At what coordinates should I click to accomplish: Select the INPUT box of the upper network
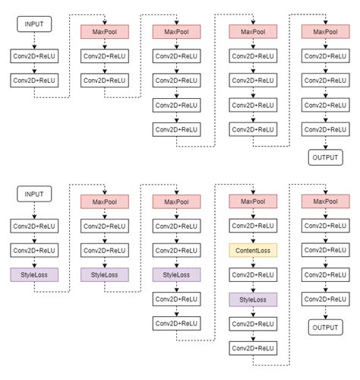tap(32, 25)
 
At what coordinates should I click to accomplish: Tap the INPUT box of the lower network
tap(32, 195)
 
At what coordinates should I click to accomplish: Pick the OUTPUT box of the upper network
tap(326, 157)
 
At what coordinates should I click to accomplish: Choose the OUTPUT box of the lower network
tap(326, 328)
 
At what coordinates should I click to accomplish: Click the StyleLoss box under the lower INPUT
tap(32, 274)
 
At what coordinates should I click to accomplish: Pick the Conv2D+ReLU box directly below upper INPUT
tap(32, 56)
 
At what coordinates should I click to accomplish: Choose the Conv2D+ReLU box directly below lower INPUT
tap(32, 226)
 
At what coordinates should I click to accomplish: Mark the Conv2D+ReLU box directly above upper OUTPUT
tap(326, 131)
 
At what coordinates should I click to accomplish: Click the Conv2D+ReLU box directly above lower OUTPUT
tap(326, 300)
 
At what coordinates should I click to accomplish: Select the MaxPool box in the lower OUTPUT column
tap(326, 201)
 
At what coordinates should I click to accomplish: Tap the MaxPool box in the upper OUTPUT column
tap(326, 32)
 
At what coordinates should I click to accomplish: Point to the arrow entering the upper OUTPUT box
tap(326, 144)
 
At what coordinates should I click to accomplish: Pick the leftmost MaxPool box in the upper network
tap(105, 32)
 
